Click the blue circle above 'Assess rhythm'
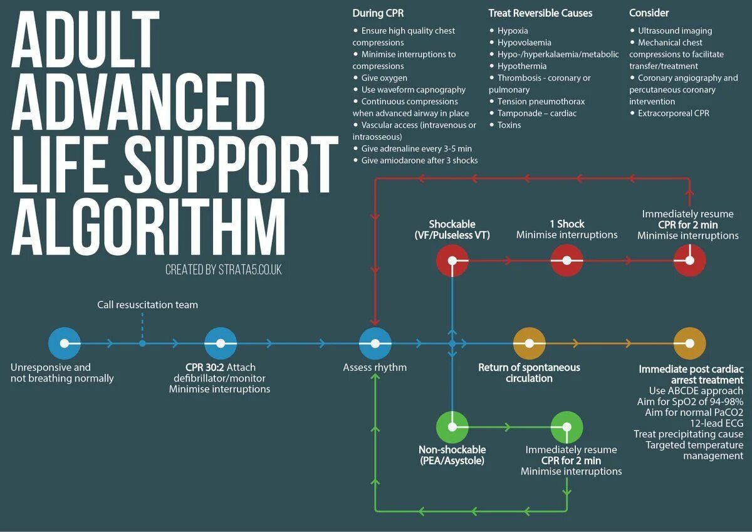tap(375, 343)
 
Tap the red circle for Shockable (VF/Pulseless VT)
tap(452, 260)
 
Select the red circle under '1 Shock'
tap(567, 260)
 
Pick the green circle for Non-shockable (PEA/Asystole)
tap(452, 427)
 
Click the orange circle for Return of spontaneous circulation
tap(529, 343)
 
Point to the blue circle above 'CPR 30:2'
tap(221, 343)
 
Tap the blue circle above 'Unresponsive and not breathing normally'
tap(65, 343)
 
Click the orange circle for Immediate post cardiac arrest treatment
tap(689, 343)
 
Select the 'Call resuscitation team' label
tap(147, 305)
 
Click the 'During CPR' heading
tap(378, 13)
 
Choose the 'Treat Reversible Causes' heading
tap(540, 13)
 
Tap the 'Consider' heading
tap(649, 13)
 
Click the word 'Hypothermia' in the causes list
tap(522, 66)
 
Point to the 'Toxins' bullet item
tap(509, 125)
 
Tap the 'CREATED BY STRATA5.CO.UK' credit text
tap(224, 270)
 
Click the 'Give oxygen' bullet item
tap(384, 78)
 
